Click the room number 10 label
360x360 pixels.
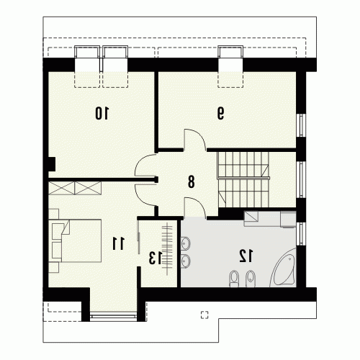tap(102, 113)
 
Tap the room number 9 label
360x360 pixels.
tap(220, 113)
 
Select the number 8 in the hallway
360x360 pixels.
tap(191, 181)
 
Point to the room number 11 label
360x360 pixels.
tap(118, 243)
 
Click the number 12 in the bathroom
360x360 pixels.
tap(246, 256)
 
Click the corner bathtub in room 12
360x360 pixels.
tap(283, 269)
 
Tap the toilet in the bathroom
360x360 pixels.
tap(234, 279)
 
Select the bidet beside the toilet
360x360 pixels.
tap(251, 279)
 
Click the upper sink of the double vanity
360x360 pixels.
tap(185, 243)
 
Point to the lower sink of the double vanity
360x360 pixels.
tap(185, 261)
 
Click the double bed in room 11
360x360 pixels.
tap(75, 240)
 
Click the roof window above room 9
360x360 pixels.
tap(230, 67)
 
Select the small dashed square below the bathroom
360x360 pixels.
tap(204, 315)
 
